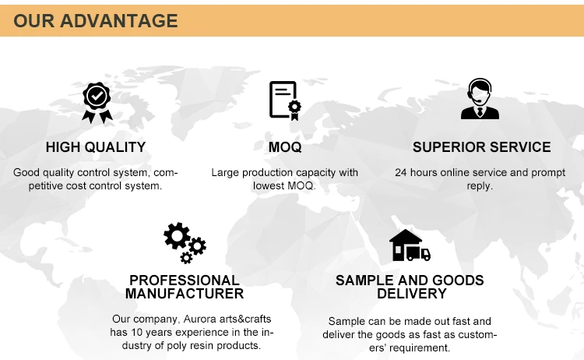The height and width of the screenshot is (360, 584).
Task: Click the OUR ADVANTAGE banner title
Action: pyautogui.click(x=96, y=20)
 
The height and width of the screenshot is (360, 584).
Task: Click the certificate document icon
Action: pyautogui.click(x=285, y=101)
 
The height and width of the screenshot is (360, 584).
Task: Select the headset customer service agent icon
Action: pyautogui.click(x=480, y=99)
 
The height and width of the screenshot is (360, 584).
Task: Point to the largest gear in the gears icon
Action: pyautogui.click(x=177, y=235)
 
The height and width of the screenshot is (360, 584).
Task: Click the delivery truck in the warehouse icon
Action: pyautogui.click(x=419, y=253)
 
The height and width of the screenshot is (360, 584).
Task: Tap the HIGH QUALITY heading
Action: pyautogui.click(x=96, y=147)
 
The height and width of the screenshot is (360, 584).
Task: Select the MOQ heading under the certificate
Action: pyautogui.click(x=285, y=147)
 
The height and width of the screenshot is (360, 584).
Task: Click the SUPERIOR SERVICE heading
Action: pyautogui.click(x=481, y=147)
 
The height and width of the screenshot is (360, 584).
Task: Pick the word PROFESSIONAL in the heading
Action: pyautogui.click(x=185, y=281)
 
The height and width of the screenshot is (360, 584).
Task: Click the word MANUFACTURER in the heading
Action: pyautogui.click(x=185, y=294)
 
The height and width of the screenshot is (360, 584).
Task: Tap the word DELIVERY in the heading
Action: pyautogui.click(x=412, y=294)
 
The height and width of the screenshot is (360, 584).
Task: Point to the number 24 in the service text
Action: pyautogui.click(x=401, y=172)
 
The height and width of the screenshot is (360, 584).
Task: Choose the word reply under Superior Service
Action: pyautogui.click(x=480, y=186)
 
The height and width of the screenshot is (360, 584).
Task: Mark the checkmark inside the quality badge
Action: pyautogui.click(x=97, y=96)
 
